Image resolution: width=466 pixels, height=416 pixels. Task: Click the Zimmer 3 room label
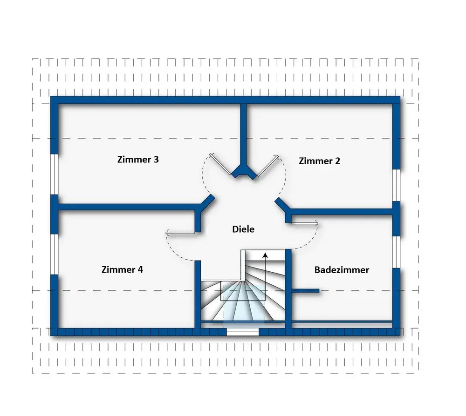[138, 159]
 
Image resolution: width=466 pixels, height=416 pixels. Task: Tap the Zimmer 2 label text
[319, 161]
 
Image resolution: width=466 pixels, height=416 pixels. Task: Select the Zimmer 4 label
[122, 269]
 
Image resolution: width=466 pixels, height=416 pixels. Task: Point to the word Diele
[243, 229]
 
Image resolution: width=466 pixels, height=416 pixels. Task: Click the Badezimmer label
[342, 270]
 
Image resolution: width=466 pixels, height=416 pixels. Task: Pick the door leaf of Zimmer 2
[268, 166]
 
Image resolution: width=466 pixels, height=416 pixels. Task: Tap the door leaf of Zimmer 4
[181, 232]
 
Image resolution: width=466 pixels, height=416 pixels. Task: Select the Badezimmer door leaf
[304, 222]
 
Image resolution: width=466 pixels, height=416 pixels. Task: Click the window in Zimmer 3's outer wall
[54, 174]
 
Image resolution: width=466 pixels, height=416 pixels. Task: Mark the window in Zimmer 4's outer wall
[54, 254]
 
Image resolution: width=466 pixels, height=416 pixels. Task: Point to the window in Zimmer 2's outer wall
[397, 186]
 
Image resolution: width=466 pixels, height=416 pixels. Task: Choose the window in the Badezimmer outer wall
[397, 252]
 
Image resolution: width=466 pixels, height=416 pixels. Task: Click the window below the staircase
[242, 332]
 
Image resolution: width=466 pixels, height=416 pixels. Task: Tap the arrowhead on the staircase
[265, 255]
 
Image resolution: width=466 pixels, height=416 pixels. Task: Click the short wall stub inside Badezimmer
[305, 291]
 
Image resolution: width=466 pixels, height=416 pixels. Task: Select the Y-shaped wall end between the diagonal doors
[244, 173]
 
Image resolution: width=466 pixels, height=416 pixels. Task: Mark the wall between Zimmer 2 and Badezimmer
[341, 212]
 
